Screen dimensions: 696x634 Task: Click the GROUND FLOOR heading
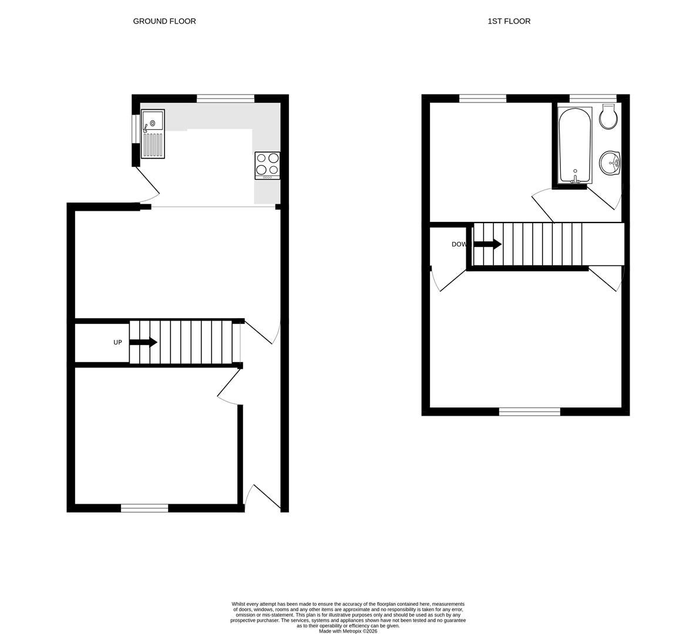[164, 21]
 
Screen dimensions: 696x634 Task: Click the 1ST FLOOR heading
[509, 21]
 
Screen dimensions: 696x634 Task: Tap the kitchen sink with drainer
[153, 134]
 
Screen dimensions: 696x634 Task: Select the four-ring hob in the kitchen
[267, 166]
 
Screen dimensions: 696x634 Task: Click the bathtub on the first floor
[575, 145]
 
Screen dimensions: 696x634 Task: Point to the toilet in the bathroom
[608, 117]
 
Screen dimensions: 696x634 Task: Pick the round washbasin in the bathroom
[610, 163]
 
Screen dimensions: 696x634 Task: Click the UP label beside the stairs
[117, 342]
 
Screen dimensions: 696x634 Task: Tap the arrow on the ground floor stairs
[143, 342]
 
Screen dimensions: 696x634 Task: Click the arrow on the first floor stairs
[488, 244]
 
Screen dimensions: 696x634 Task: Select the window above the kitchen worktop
[226, 99]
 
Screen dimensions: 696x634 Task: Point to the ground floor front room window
[144, 508]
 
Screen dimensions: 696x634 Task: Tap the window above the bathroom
[593, 99]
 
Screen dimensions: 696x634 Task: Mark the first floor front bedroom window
[530, 412]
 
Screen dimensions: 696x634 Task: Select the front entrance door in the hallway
[263, 497]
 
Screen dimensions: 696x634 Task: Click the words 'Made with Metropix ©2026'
[348, 631]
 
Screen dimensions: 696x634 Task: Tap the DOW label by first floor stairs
[459, 244]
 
